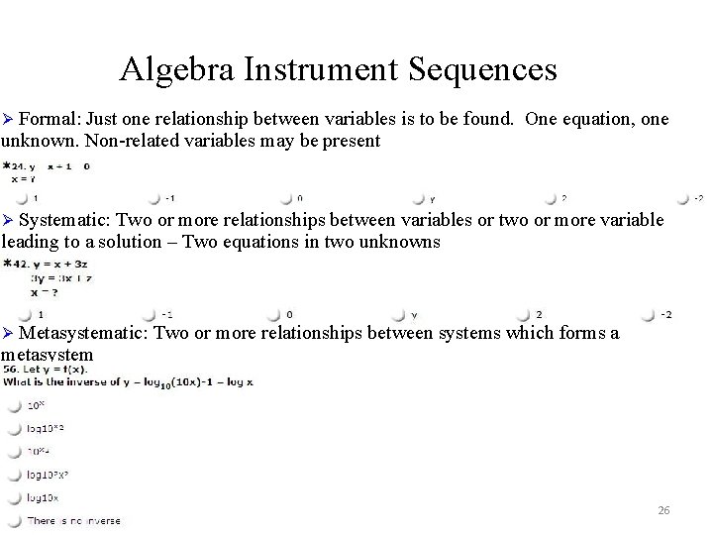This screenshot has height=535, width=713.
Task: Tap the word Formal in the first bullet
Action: tap(48, 120)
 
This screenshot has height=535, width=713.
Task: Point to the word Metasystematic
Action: tap(82, 333)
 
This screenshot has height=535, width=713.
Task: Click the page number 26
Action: tap(663, 510)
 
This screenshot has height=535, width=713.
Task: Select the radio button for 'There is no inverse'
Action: tap(14, 520)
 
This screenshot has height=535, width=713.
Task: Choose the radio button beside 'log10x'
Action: tap(14, 497)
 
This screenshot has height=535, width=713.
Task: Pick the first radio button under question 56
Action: tap(14, 405)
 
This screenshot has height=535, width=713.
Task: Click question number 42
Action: tap(17, 264)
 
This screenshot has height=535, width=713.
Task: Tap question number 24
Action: tap(17, 166)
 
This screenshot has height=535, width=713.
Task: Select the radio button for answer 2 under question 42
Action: tap(526, 315)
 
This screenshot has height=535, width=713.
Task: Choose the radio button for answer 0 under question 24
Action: tap(285, 198)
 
